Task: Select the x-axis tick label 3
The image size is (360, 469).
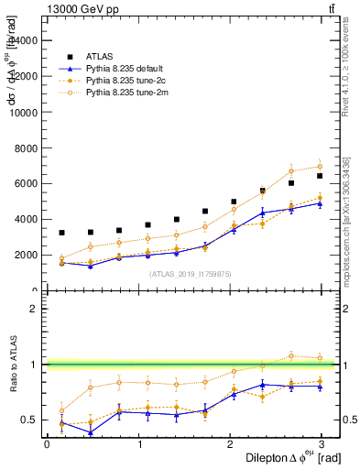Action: click(x=322, y=444)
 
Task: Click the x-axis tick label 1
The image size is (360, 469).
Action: click(x=138, y=444)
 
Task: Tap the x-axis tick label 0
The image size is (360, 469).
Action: click(x=47, y=444)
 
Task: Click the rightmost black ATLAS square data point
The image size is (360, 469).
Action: click(x=320, y=176)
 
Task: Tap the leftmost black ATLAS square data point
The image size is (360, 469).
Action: click(x=60, y=233)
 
